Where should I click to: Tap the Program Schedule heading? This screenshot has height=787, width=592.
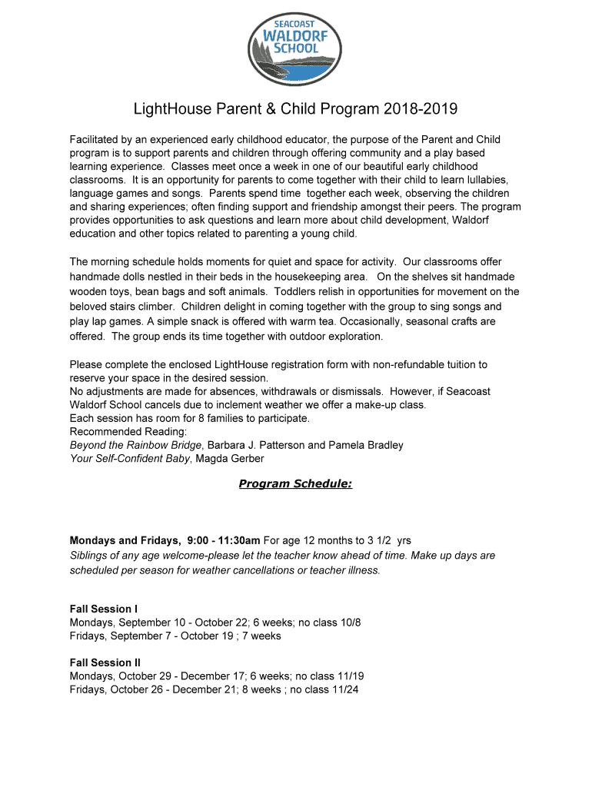click(295, 483)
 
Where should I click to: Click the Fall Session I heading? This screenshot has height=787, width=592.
click(104, 609)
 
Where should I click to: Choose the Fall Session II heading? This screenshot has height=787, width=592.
click(105, 662)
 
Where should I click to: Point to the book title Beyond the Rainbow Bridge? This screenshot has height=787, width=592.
click(135, 445)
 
